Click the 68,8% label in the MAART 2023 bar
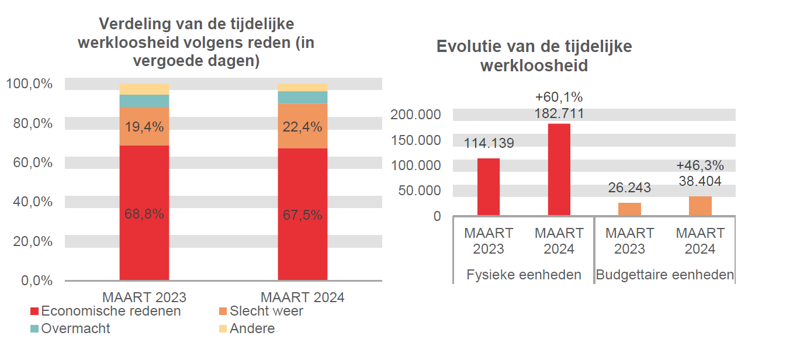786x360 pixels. tap(144, 214)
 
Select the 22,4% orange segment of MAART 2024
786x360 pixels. tap(302, 126)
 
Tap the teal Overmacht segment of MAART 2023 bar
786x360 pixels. tap(144, 101)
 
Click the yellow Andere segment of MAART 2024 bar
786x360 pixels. tap(302, 87)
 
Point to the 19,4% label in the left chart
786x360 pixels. tap(144, 126)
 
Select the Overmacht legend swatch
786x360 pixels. tap(34, 328)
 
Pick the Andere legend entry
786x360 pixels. tap(251, 328)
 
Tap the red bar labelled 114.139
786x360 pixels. tap(489, 187)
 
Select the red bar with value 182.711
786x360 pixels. tap(559, 169)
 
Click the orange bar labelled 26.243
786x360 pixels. tap(629, 209)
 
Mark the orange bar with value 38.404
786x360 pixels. tap(700, 206)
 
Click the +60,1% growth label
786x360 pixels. tap(559, 97)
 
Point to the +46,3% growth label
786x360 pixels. tap(700, 165)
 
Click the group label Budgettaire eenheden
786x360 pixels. tap(664, 275)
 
